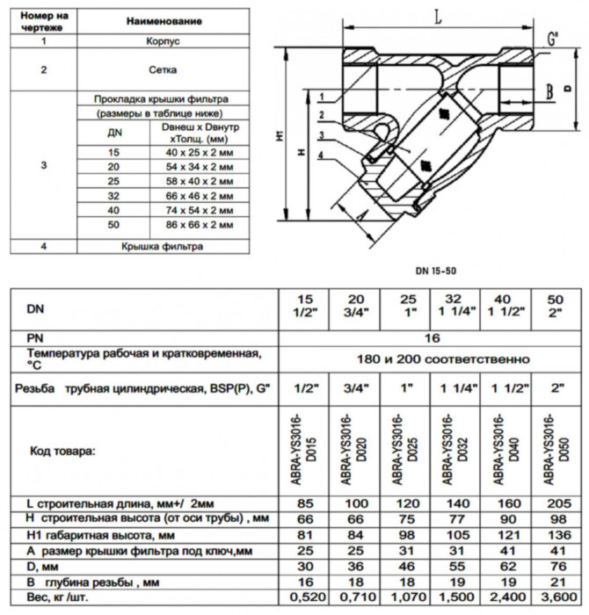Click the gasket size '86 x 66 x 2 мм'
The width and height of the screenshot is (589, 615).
(x=200, y=225)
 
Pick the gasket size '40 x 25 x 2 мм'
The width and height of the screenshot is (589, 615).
(x=200, y=151)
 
